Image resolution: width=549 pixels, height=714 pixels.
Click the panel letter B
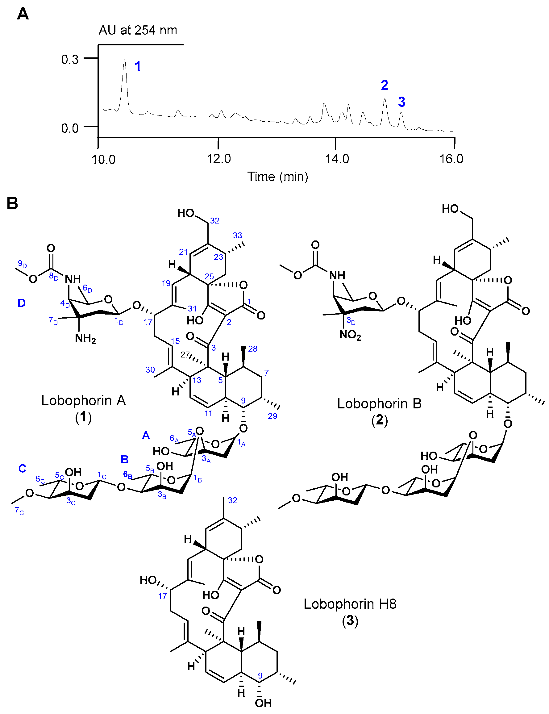point(12,203)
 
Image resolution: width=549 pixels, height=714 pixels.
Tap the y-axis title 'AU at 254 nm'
point(138,30)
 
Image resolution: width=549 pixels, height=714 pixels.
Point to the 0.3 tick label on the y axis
point(70,60)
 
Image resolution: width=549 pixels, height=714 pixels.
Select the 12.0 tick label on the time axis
point(218,159)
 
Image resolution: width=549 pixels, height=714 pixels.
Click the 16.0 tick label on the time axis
point(451,159)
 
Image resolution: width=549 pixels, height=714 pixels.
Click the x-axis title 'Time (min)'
point(277,177)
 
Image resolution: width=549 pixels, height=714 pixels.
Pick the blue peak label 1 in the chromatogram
point(138,66)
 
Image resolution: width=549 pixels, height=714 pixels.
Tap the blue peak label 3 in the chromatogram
point(401,102)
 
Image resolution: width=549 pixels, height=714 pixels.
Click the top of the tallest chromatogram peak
point(124,61)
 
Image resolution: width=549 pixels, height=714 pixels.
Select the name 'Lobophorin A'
point(84,400)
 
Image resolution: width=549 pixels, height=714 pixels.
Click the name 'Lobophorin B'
point(379,404)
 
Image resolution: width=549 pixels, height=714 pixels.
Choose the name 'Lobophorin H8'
point(350,604)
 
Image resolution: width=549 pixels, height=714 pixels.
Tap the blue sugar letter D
point(21,303)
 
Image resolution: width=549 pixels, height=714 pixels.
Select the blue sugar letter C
point(22,469)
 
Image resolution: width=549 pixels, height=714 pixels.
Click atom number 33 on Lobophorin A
point(238,236)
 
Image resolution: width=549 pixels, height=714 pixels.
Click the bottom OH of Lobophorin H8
point(263,703)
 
